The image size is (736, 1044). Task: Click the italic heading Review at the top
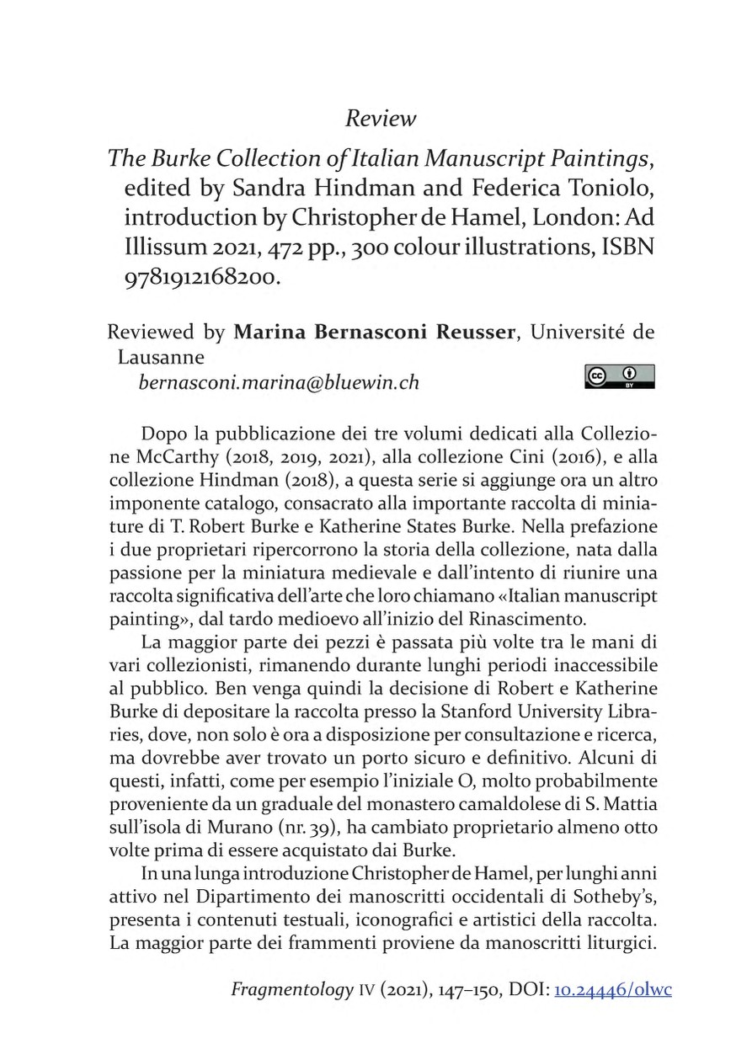381,119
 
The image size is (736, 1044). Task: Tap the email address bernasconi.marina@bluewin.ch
278,383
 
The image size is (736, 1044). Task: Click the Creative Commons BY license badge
617,376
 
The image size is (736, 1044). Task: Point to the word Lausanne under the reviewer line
160,357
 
